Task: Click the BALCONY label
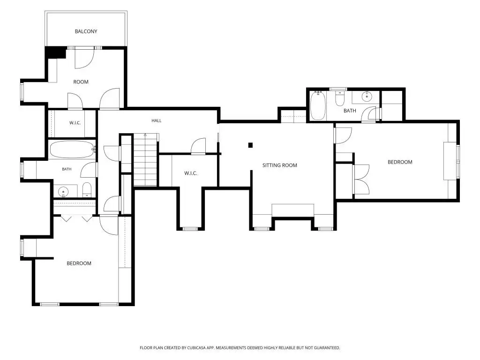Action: tap(86, 31)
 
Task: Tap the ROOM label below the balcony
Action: tap(81, 82)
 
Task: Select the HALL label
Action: tap(157, 120)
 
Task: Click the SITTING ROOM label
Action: tap(280, 165)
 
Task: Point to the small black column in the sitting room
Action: tap(250, 145)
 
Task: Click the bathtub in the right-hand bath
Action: tap(318, 106)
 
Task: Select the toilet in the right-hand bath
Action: tap(340, 98)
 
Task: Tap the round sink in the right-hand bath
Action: tap(367, 97)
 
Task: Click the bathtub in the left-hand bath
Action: tap(72, 150)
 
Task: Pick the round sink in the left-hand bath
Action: tap(63, 192)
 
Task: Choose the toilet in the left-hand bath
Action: tap(87, 190)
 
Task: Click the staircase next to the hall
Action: tap(146, 159)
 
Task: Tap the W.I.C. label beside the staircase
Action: tap(191, 173)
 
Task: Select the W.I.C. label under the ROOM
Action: tap(75, 123)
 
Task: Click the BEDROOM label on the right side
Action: tap(400, 162)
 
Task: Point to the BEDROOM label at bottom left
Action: tap(79, 263)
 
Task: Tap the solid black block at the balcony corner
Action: tap(56, 52)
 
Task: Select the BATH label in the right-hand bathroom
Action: tap(350, 111)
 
